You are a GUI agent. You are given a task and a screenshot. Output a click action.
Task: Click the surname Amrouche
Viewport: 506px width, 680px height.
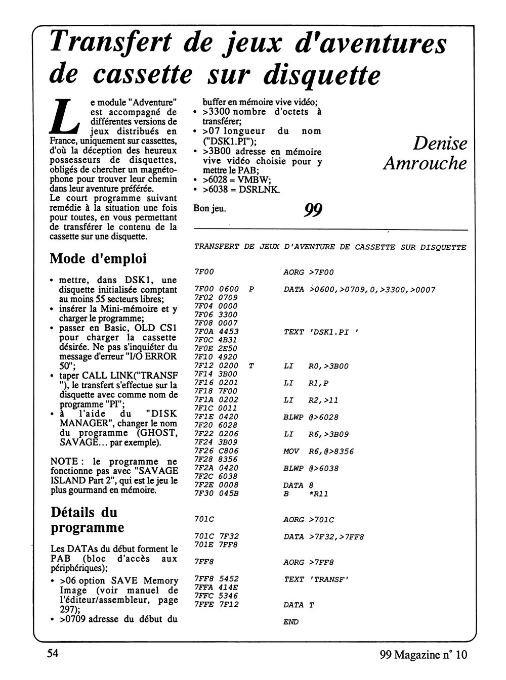425,163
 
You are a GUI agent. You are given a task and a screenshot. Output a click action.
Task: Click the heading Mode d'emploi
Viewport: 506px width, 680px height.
98,258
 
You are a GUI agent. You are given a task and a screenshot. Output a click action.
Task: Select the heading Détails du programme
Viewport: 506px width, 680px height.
88,520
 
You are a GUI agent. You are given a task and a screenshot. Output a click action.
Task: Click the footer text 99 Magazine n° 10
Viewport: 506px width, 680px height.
423,655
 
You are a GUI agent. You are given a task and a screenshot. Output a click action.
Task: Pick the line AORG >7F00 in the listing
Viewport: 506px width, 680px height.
309,273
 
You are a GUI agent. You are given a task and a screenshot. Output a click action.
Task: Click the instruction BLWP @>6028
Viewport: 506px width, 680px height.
311,417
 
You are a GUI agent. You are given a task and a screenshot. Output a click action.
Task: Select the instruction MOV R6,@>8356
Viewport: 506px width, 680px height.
319,451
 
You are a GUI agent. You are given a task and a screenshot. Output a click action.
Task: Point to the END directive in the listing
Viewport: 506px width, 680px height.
291,622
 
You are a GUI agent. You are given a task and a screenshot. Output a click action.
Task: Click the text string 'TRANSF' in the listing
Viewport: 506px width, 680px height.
331,579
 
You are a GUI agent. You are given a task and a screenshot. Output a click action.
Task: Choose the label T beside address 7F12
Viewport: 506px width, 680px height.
251,366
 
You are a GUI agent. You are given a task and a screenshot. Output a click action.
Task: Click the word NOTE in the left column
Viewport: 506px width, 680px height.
63,462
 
